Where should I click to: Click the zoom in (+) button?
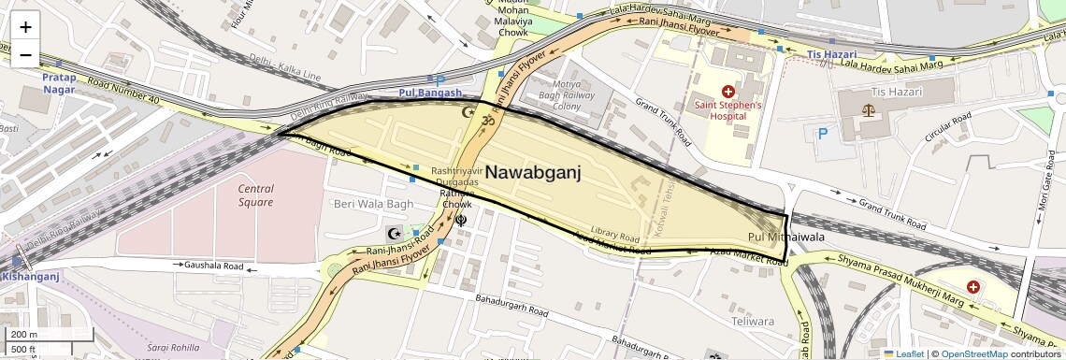coord(25,26)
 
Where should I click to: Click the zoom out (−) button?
coord(25,54)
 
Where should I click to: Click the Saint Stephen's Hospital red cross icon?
coord(728,92)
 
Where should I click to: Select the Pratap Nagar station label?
coord(59,83)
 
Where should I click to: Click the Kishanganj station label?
coord(30,276)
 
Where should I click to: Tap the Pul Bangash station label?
coord(430,93)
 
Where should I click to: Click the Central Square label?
coord(255,195)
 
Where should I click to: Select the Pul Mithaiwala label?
coord(786,238)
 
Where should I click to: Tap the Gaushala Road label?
coord(214,266)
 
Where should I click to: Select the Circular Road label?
coord(949,127)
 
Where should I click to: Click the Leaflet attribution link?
coord(903,353)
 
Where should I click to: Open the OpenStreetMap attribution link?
coord(973,353)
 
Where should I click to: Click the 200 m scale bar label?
coord(25,334)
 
